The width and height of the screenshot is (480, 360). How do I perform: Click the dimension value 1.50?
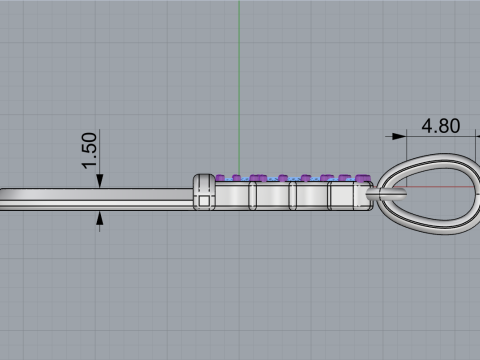tap(89, 151)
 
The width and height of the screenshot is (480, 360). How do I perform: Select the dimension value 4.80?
tap(441, 126)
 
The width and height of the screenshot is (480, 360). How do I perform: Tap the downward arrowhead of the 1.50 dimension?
tap(99, 181)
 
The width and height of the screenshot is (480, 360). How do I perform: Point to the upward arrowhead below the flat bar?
tap(99, 218)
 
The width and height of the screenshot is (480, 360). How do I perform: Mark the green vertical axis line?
tap(239, 87)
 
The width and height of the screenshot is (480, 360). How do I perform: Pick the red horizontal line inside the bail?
tap(440, 187)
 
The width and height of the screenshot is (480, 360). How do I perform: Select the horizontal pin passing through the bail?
tap(386, 193)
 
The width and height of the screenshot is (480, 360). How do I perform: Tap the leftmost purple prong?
tap(220, 178)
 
